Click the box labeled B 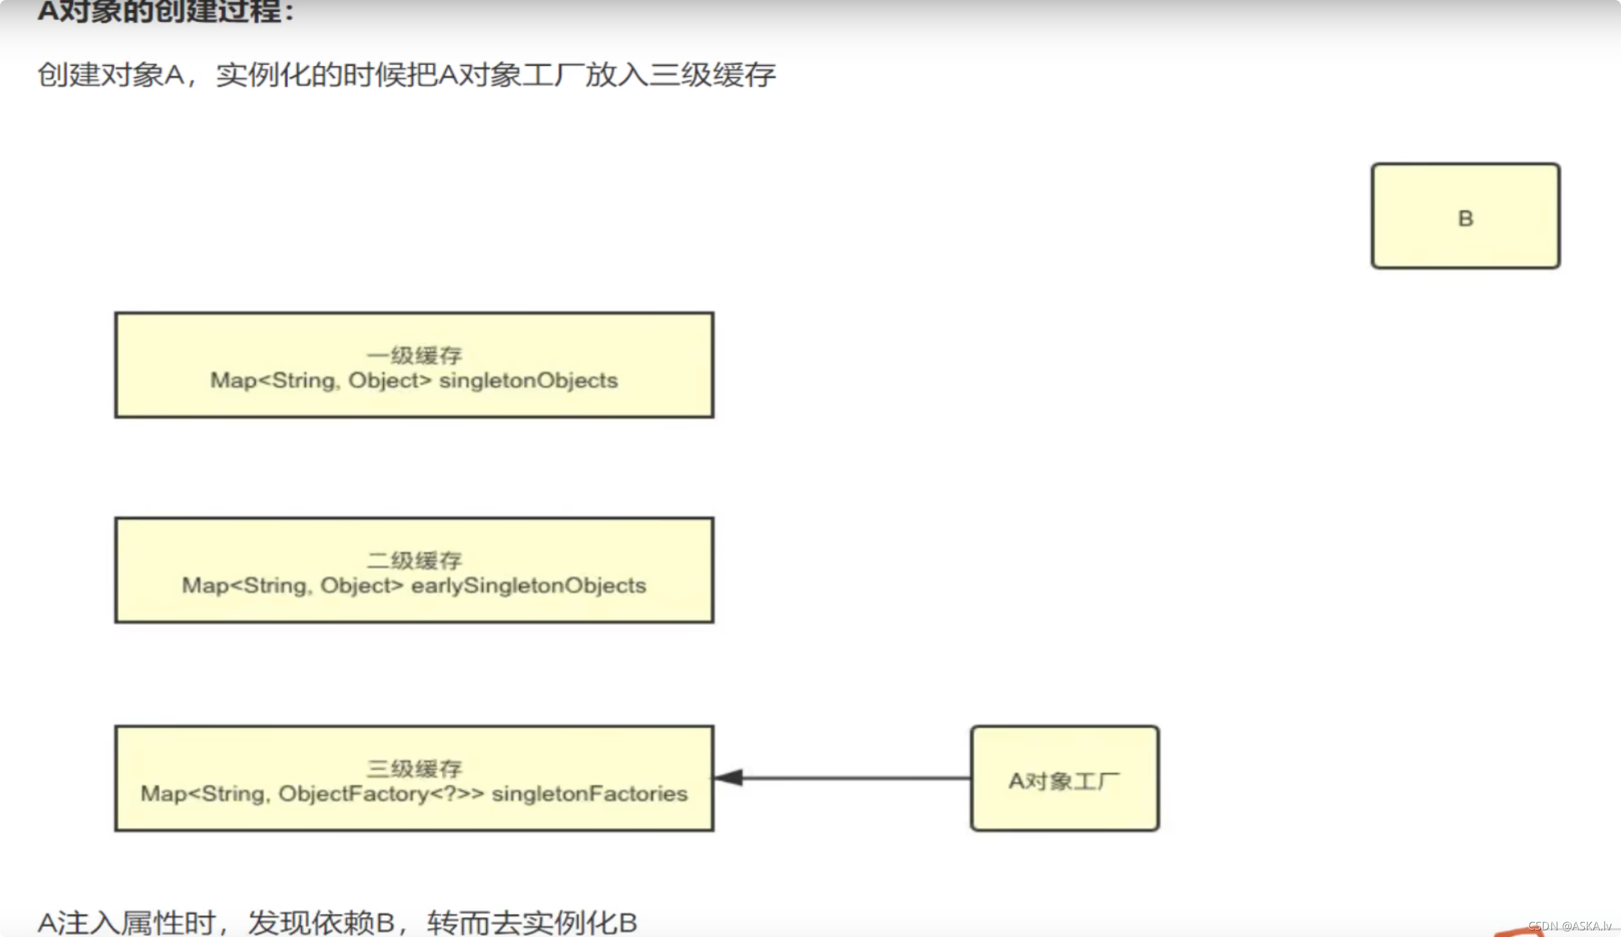click(1465, 216)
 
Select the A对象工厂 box click(1064, 779)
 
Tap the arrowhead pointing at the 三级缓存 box click(730, 778)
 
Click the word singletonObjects click(528, 381)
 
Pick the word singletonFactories click(589, 794)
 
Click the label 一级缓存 click(414, 355)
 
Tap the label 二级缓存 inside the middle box click(414, 560)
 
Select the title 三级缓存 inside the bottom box click(414, 769)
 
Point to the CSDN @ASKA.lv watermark click(1572, 926)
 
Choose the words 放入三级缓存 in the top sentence click(680, 75)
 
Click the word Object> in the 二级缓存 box click(361, 586)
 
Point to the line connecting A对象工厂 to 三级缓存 click(856, 778)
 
